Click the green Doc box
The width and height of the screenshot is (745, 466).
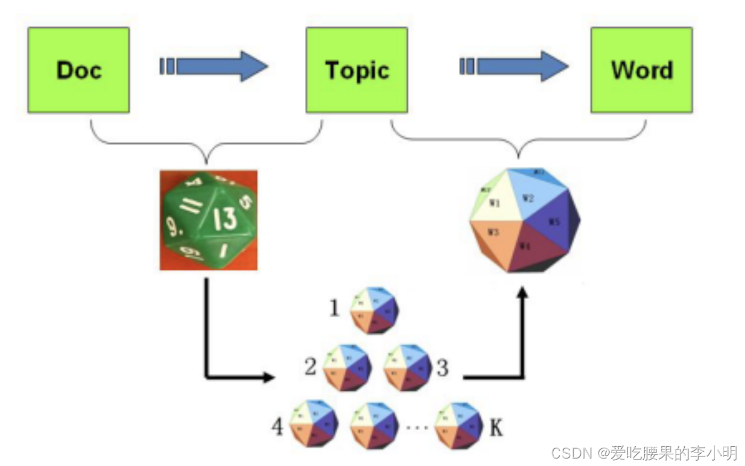coord(78,70)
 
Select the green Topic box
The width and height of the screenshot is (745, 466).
coord(357,70)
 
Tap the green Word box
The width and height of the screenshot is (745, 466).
coord(641,70)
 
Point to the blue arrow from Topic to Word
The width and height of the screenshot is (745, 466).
coord(515,66)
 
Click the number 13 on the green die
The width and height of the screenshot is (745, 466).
coord(225,218)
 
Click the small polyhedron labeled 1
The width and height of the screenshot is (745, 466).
coord(374,309)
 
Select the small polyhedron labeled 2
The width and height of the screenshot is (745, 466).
coord(347,367)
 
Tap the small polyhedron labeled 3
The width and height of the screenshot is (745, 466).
coord(408,367)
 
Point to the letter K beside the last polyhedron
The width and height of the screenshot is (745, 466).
coord(496,427)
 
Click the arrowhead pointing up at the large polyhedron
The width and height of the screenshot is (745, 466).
coord(523,293)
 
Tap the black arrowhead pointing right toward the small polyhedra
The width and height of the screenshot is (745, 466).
coord(268,377)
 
